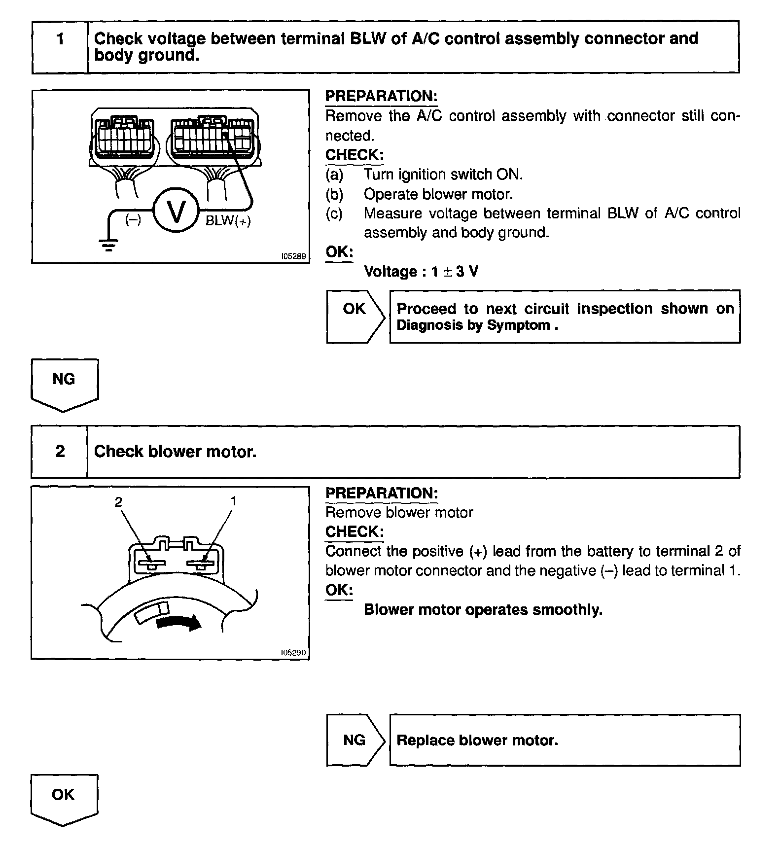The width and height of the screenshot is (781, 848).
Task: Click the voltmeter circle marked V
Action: pyautogui.click(x=176, y=212)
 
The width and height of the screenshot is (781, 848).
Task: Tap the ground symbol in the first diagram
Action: pyautogui.click(x=108, y=244)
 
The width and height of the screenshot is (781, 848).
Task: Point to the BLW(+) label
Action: pyautogui.click(x=228, y=221)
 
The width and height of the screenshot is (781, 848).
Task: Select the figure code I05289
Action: pyautogui.click(x=293, y=256)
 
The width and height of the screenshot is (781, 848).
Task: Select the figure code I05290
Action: pyautogui.click(x=293, y=653)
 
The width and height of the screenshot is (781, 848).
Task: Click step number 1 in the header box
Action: pyautogui.click(x=60, y=39)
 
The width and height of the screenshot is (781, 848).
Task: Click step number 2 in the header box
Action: pyautogui.click(x=60, y=451)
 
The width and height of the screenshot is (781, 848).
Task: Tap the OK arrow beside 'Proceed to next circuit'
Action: pyautogui.click(x=355, y=316)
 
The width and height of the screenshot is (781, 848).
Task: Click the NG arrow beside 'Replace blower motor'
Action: pyautogui.click(x=355, y=740)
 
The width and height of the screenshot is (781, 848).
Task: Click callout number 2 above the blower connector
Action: pyautogui.click(x=118, y=502)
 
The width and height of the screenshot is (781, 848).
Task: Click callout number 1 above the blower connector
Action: pyautogui.click(x=233, y=501)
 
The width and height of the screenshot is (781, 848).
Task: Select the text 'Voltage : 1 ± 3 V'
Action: pyautogui.click(x=421, y=272)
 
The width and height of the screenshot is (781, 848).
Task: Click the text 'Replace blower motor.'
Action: pyautogui.click(x=477, y=741)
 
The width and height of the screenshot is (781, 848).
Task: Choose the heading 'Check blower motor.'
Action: pyautogui.click(x=175, y=452)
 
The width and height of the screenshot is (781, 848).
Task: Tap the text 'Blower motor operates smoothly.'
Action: pyautogui.click(x=483, y=610)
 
